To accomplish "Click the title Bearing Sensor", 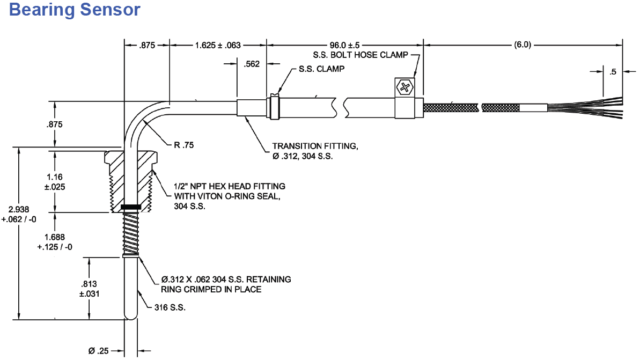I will (x=75, y=10).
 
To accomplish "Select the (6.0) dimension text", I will (x=523, y=45).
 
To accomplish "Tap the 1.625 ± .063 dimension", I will (x=217, y=45).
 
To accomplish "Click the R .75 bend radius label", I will (x=184, y=145).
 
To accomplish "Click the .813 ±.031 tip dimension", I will (x=89, y=289).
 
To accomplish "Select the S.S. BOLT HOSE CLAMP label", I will (x=361, y=55).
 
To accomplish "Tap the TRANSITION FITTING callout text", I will (x=311, y=151).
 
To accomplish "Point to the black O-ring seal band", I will (x=131, y=207).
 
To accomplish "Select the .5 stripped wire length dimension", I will (x=613, y=71).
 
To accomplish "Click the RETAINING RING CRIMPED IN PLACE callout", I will (x=225, y=284).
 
